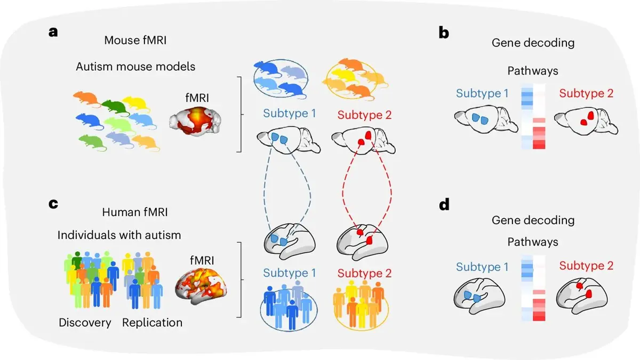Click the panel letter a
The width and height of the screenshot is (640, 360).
pos(53,33)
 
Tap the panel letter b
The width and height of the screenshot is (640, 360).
pos(444,33)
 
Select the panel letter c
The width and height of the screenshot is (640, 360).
pos(53,204)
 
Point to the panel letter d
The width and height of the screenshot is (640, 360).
pos(444,204)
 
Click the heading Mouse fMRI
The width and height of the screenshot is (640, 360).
pos(135,41)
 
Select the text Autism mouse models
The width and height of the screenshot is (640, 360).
pos(135,67)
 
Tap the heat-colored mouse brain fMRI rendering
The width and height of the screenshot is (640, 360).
pos(195,121)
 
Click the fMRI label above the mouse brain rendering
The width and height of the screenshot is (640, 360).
pos(197,98)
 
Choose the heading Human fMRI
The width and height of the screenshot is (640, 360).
pos(135,212)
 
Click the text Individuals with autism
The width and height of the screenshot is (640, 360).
pos(119,235)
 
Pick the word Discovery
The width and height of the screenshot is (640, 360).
pos(85,323)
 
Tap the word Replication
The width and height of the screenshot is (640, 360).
pos(153,323)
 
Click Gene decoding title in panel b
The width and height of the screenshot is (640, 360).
pos(533,43)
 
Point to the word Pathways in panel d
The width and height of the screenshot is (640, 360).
pos(533,242)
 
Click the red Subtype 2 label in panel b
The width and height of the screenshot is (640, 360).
pos(586,93)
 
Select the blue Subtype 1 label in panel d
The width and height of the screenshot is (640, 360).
pos(482,267)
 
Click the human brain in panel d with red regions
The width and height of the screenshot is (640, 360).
pos(582,296)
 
